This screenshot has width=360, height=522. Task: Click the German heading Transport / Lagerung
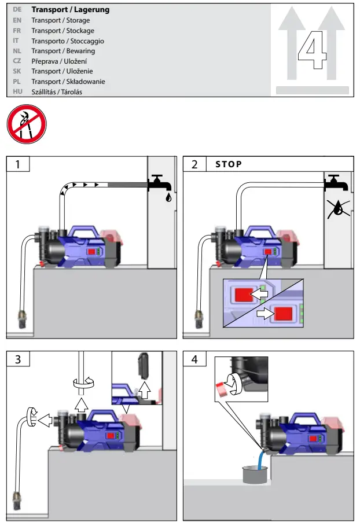pyautogui.click(x=70, y=10)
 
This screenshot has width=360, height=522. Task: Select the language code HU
pyautogui.click(x=17, y=92)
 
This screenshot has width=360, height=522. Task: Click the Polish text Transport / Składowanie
pyautogui.click(x=68, y=82)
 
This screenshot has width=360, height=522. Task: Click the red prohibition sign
pyautogui.click(x=27, y=124)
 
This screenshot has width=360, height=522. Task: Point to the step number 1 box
pyautogui.click(x=17, y=164)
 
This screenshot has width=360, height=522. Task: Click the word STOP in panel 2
pyautogui.click(x=229, y=164)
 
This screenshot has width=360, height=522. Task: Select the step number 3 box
pyautogui.click(x=17, y=359)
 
